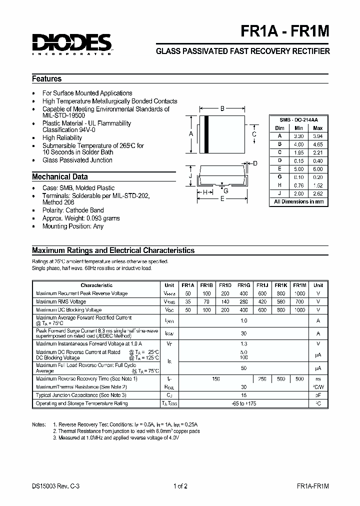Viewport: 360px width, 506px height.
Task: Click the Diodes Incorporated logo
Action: point(71,43)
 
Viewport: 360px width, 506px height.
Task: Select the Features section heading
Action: point(47,79)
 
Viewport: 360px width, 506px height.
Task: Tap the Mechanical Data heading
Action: point(60,177)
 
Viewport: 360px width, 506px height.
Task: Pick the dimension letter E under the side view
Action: point(223,198)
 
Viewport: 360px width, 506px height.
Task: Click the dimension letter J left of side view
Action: point(190,176)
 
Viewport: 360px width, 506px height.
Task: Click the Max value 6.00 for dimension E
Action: point(318,169)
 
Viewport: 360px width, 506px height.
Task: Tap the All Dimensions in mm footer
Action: point(299,202)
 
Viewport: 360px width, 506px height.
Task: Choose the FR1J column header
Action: point(262,285)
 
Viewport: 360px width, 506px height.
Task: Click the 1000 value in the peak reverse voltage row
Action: point(299,293)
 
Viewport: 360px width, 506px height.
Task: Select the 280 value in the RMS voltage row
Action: point(244,302)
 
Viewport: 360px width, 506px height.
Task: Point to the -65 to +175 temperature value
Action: point(244,403)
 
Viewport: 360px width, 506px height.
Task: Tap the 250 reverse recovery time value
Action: point(262,379)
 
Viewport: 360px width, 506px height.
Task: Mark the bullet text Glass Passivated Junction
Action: point(77,160)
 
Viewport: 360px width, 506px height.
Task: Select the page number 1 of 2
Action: point(179,486)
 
